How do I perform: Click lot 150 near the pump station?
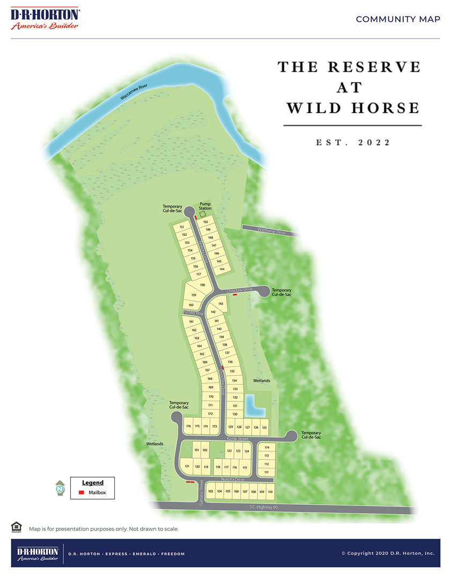tap(205, 221)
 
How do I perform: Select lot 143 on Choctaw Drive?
tap(220, 304)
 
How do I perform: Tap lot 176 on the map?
tap(188, 427)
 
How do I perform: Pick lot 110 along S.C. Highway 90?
tap(270, 491)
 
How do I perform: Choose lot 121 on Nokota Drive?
tap(187, 467)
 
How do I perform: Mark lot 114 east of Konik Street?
tap(267, 448)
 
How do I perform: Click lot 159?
tap(194, 295)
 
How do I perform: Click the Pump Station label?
tap(206, 206)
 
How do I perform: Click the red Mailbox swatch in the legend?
tap(82, 492)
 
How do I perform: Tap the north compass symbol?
tap(60, 488)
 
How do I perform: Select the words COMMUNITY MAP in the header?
tap(398, 19)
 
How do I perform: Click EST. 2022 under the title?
tap(352, 143)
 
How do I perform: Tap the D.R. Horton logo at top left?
tap(45, 19)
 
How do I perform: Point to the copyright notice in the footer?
tap(388, 553)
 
